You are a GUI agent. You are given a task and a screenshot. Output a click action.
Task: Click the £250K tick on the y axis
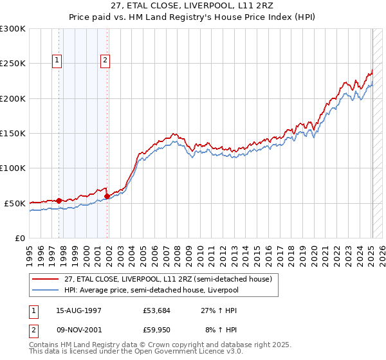(13, 64)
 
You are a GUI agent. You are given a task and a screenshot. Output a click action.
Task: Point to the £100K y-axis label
(13, 168)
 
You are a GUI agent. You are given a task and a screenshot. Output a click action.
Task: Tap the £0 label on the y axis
(19, 238)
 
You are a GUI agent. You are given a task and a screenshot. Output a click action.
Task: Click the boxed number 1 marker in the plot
(57, 61)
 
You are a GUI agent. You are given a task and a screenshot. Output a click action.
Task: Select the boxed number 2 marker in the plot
(105, 61)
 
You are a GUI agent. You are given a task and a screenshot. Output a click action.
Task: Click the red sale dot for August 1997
(59, 201)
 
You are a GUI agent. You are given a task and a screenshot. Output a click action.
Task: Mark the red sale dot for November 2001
(107, 196)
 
